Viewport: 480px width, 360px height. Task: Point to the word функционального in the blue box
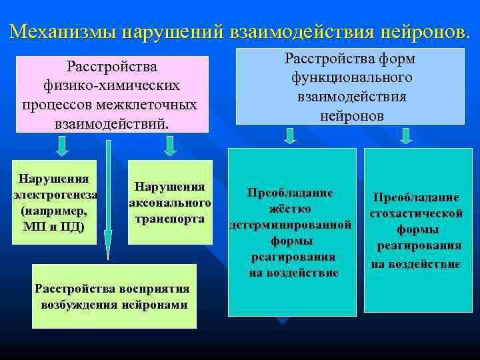(351, 78)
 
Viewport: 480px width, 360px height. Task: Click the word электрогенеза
(56, 195)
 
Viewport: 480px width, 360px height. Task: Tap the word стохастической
(417, 213)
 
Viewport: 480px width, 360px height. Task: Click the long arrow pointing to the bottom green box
(107, 200)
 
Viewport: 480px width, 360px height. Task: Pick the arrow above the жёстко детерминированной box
(290, 136)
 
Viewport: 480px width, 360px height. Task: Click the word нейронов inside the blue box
(351, 115)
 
